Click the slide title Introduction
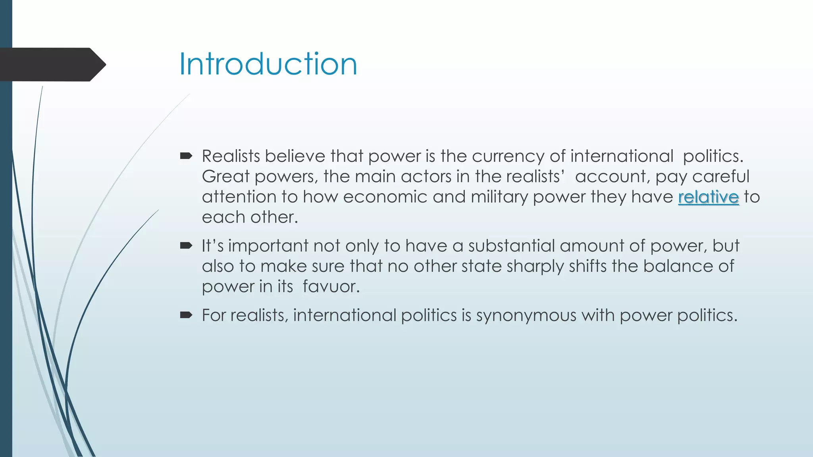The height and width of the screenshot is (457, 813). click(x=268, y=64)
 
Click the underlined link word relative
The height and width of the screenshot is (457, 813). click(x=708, y=197)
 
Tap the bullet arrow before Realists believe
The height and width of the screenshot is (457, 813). click(x=186, y=156)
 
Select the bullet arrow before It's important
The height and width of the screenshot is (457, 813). click(x=186, y=246)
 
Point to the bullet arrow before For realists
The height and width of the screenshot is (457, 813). click(x=186, y=315)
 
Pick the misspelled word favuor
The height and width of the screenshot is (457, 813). click(x=331, y=286)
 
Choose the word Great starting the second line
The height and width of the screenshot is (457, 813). click(x=225, y=177)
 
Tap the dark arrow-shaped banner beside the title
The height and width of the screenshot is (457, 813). click(x=52, y=65)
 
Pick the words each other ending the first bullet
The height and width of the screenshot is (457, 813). click(x=249, y=217)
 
